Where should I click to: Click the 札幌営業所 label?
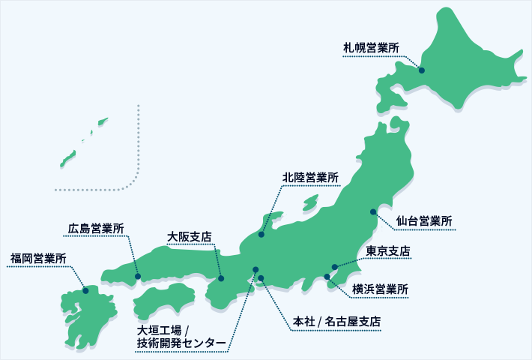click(371, 49)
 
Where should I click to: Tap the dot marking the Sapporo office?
click(422, 70)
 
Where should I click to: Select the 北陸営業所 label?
click(310, 178)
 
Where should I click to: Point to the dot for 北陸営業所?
click(262, 235)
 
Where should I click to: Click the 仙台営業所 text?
click(425, 222)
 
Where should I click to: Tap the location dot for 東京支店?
click(335, 267)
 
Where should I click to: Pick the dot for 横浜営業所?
click(327, 277)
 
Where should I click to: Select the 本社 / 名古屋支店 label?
click(337, 322)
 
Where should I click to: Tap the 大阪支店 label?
click(190, 236)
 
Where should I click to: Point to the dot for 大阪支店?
click(221, 278)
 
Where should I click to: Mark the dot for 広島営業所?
click(138, 277)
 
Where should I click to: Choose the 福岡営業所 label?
click(38, 259)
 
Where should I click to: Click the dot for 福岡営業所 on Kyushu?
click(85, 291)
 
